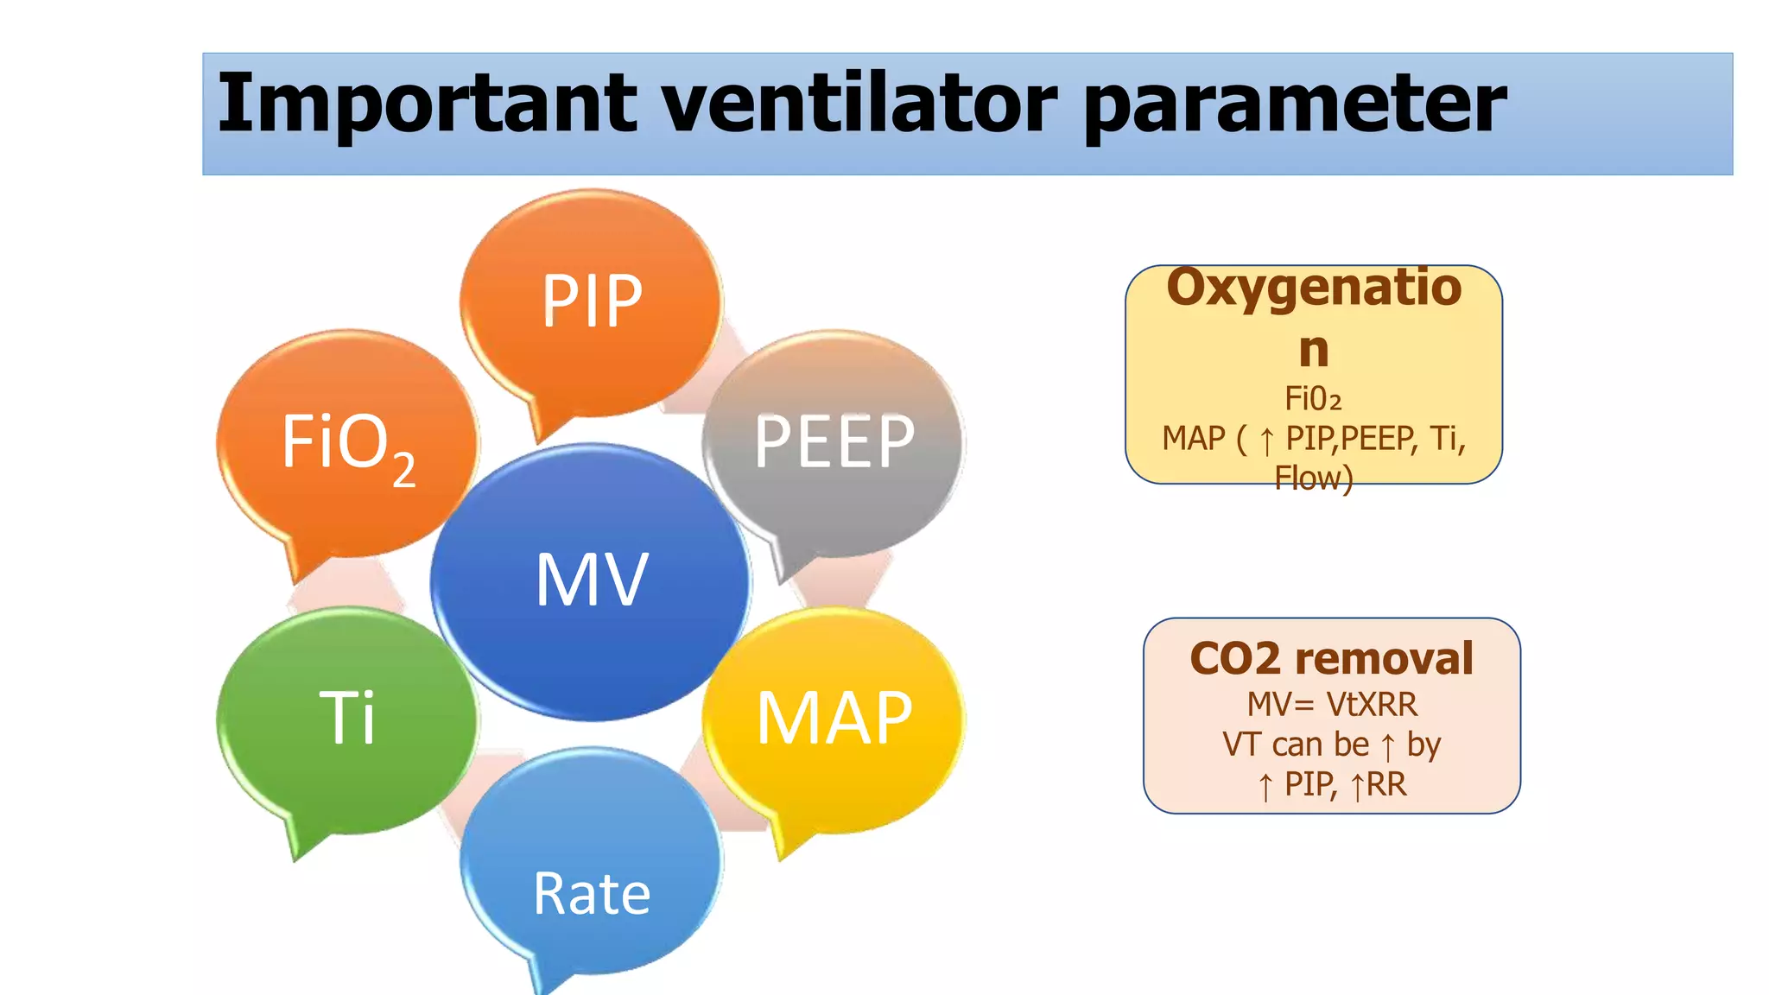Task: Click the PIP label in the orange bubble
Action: (592, 301)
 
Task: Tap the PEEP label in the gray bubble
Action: (834, 442)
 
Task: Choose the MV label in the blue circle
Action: (592, 580)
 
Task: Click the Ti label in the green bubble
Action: (347, 717)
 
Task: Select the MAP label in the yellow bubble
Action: (834, 719)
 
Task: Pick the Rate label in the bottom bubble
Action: (592, 894)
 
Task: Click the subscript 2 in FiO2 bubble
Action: (403, 471)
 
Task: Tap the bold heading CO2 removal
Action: (1331, 659)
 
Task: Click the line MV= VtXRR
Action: (1331, 705)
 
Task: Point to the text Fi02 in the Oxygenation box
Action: (1313, 399)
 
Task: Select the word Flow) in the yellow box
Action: (1313, 478)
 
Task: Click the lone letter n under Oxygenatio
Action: (1313, 350)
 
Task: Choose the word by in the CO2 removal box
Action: (1423, 745)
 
